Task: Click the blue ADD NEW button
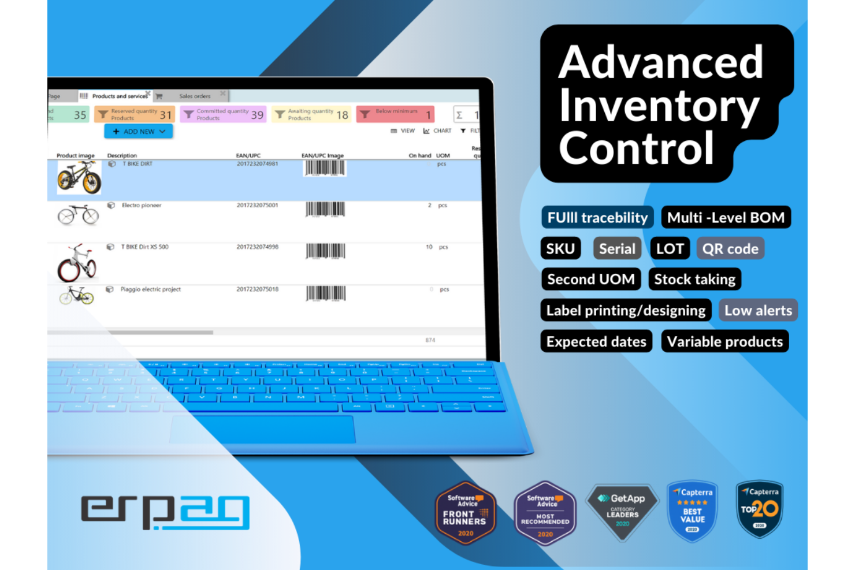click(139, 132)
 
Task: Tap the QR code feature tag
click(730, 249)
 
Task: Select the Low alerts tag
click(758, 311)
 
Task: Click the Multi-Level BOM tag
click(726, 218)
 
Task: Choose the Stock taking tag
click(694, 280)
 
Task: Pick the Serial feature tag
click(617, 249)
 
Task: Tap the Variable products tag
click(724, 342)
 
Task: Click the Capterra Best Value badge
click(692, 511)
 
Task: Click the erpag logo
click(165, 512)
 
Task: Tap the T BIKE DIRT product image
click(79, 177)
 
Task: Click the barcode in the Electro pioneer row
click(325, 209)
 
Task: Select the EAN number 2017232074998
click(257, 247)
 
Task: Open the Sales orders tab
click(195, 96)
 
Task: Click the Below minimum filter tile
click(396, 114)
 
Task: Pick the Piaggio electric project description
click(150, 289)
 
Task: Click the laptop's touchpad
click(262, 430)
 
